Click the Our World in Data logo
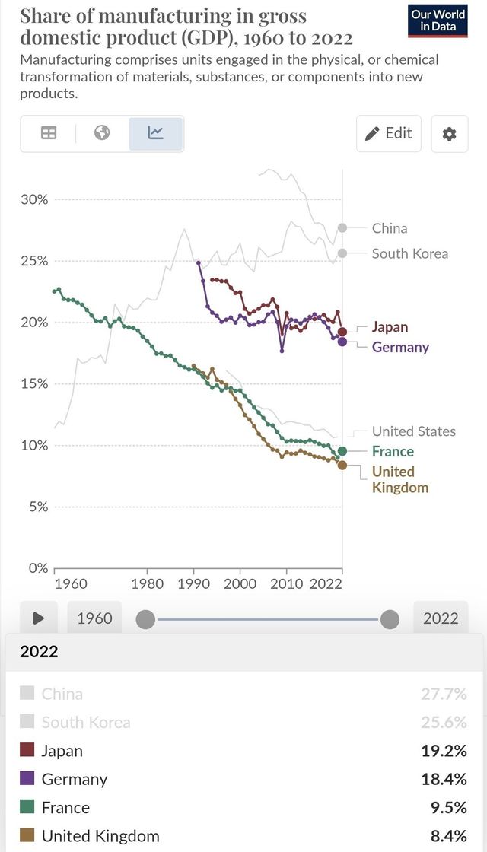point(438,20)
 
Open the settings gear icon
point(449,134)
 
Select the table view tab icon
point(49,133)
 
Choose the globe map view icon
point(102,133)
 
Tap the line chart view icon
point(156,133)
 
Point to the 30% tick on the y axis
point(34,199)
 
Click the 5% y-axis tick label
point(37,507)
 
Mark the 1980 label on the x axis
point(147,583)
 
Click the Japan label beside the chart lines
point(390,327)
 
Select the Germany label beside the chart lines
point(400,347)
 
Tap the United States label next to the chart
point(413,431)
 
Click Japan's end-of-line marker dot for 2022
point(342,332)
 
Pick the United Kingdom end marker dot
point(342,465)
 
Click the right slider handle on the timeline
point(390,619)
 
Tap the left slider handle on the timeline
point(145,619)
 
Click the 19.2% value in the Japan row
point(443,751)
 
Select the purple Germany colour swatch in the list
point(27,779)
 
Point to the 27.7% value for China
point(443,694)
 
